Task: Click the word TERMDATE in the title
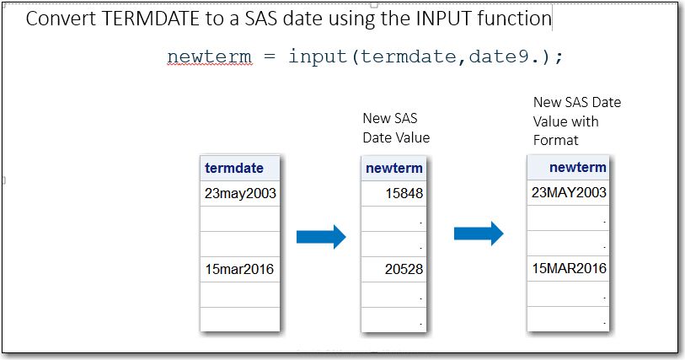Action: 150,19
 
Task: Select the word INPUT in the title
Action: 444,19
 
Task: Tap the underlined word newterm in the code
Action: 209,56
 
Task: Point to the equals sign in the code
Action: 270,56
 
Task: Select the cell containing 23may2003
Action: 240,194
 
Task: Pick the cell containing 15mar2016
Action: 240,269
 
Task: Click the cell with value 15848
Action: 393,194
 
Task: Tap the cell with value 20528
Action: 393,269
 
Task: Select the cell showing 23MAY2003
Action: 568,193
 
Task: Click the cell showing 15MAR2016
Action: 568,268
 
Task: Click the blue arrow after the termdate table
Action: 321,237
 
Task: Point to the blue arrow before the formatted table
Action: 479,234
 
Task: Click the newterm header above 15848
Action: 393,169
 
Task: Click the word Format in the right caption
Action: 556,140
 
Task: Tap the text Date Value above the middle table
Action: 396,137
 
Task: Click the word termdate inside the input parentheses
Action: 409,56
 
